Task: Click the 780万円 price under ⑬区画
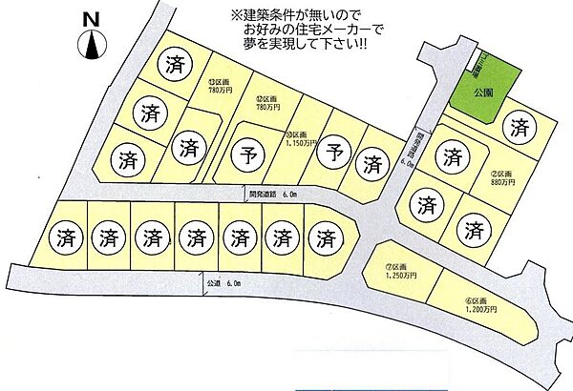point(218,90)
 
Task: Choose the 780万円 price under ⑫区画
point(266,106)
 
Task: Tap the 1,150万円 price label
point(306,142)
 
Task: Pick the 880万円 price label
point(503,181)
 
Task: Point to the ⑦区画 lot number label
point(397,266)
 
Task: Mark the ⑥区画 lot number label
point(477,300)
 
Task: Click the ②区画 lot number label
point(502,173)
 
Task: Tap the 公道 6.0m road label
point(226,284)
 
